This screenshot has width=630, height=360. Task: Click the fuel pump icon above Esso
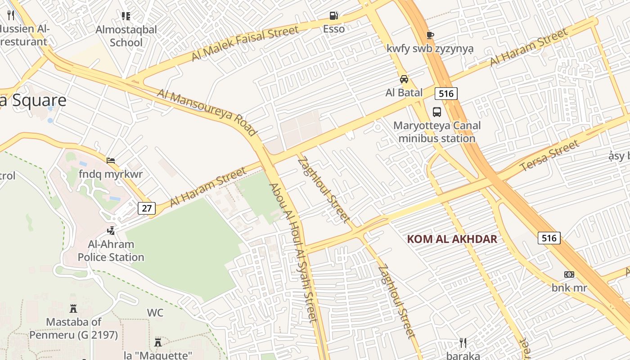click(333, 16)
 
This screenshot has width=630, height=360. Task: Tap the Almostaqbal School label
click(126, 36)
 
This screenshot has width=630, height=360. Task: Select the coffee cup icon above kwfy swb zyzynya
click(430, 35)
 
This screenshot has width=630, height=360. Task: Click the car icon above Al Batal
click(404, 79)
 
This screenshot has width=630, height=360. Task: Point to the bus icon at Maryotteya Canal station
click(436, 112)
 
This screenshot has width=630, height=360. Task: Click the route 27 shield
click(147, 208)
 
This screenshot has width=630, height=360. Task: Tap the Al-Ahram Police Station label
click(111, 251)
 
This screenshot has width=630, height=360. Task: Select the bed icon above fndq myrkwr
click(111, 160)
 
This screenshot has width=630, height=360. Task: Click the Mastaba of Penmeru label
click(74, 328)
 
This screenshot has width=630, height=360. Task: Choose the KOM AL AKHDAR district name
click(452, 239)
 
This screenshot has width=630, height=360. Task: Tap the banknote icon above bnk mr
click(569, 274)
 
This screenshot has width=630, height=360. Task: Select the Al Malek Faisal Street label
click(245, 43)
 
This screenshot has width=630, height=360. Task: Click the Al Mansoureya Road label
click(207, 112)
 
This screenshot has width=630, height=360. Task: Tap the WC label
click(155, 312)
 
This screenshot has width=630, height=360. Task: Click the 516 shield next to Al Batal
click(446, 93)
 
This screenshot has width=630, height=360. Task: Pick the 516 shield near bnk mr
click(549, 238)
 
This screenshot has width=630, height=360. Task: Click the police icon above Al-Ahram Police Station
click(111, 231)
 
